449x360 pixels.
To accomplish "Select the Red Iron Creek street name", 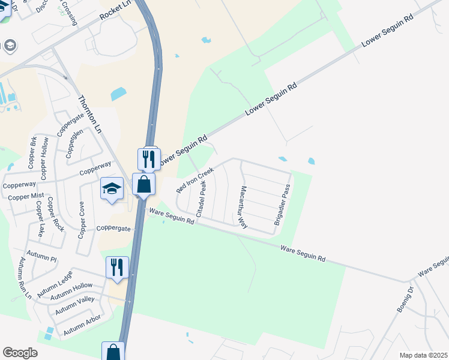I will click(x=195, y=180).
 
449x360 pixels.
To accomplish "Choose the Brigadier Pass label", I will click(x=282, y=205).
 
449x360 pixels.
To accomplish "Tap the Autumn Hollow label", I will click(x=72, y=290).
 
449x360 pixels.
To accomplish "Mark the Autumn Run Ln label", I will click(x=25, y=278).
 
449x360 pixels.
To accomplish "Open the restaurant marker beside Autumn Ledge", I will click(x=117, y=268).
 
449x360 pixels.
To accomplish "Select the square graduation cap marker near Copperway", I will click(x=112, y=189).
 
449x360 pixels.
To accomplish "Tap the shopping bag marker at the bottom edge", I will click(x=113, y=352).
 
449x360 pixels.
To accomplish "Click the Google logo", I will click(x=20, y=353).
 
